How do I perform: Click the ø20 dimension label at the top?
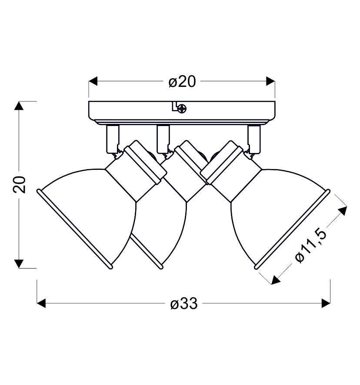coord(182,82)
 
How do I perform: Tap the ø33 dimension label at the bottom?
coord(184,303)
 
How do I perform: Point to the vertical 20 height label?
coord(19,184)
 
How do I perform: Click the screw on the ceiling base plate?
coord(182,108)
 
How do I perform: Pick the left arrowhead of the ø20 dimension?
coord(93,81)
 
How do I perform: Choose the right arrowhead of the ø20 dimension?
coord(270,81)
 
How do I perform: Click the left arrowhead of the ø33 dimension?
coord(41,303)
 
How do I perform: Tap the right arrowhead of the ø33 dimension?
coord(326,303)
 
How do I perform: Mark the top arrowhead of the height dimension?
coord(19,106)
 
